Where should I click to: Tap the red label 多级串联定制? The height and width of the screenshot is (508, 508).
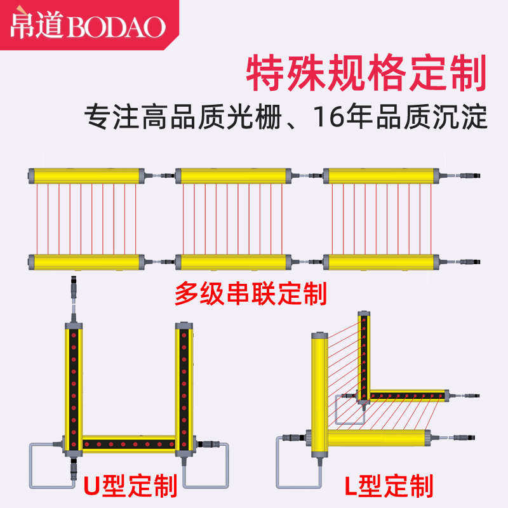tap(250, 294)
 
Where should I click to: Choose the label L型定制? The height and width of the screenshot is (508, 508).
tap(389, 486)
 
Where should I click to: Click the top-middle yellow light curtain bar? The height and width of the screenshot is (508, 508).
tap(233, 175)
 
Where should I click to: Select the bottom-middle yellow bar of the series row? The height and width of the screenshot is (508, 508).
tap(233, 261)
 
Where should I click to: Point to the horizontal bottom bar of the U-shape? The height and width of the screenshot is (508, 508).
tap(128, 443)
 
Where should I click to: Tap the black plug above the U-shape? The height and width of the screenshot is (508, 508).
tap(72, 283)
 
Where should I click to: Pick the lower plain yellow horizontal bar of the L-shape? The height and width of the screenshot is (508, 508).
tap(375, 437)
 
